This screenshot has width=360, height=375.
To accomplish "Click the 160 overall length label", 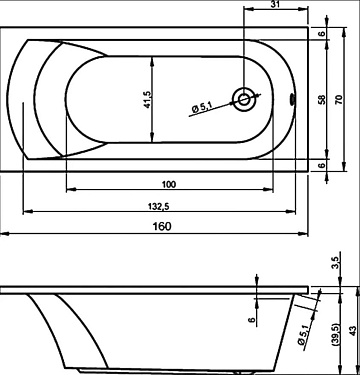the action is (x=162, y=226).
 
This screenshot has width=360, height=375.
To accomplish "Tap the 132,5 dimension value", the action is (x=159, y=207).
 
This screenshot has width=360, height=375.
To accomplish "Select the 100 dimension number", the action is (x=169, y=184).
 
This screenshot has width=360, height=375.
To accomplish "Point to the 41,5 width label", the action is (x=147, y=100).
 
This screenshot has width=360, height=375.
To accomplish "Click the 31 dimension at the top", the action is (x=275, y=5).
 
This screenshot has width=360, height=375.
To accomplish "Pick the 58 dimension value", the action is (x=322, y=100).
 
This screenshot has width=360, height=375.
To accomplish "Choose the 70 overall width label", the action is (x=339, y=100).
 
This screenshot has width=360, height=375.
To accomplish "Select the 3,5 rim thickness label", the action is (x=336, y=262).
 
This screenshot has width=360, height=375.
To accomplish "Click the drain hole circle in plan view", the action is (x=244, y=100).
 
